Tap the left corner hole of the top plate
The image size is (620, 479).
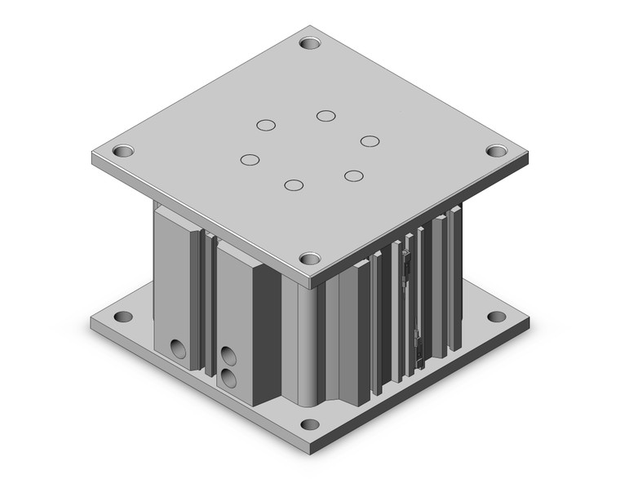click(122, 151)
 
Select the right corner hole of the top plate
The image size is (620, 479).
click(497, 150)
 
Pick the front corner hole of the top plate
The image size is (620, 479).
click(310, 259)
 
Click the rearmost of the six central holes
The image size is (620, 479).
click(326, 115)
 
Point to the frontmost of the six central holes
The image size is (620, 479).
click(294, 184)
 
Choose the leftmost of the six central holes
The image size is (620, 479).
click(250, 159)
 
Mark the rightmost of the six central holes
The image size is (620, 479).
click(370, 141)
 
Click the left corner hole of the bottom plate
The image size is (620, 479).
click(123, 317)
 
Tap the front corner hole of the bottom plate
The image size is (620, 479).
click(310, 424)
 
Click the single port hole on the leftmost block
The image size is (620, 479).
click(177, 349)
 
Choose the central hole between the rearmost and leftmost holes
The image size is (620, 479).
click(266, 125)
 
